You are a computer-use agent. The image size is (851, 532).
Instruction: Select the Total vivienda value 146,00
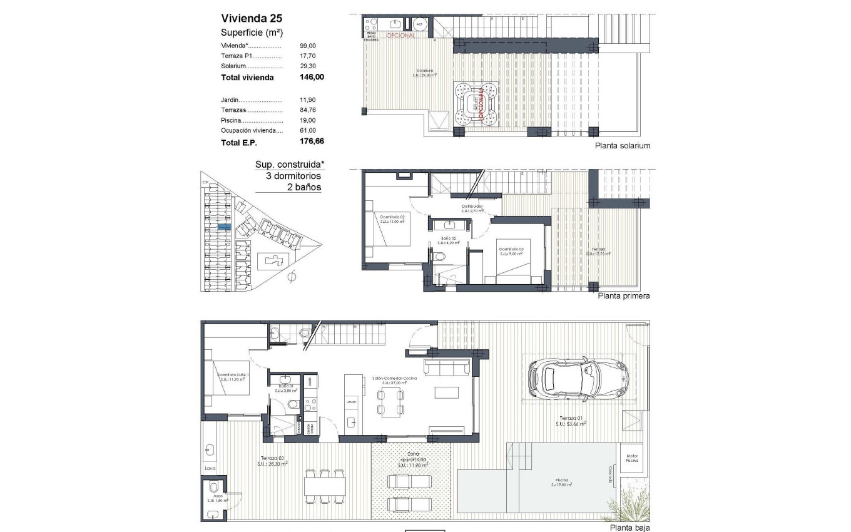pyautogui.click(x=312, y=78)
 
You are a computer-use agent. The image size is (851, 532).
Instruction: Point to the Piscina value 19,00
pyautogui.click(x=308, y=120)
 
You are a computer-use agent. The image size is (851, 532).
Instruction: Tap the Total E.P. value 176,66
pyautogui.click(x=312, y=142)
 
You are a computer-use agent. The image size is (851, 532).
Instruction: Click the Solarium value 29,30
pyautogui.click(x=308, y=66)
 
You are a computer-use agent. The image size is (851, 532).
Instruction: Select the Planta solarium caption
pyautogui.click(x=624, y=146)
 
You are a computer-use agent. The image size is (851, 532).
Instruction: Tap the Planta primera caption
pyautogui.click(x=624, y=296)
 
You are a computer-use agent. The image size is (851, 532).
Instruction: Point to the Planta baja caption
pyautogui.click(x=630, y=528)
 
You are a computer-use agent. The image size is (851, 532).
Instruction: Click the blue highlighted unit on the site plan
pyautogui.click(x=228, y=227)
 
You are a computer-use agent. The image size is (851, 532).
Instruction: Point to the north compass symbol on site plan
pyautogui.click(x=291, y=275)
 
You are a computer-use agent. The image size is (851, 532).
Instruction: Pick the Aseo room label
pyautogui.click(x=218, y=498)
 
